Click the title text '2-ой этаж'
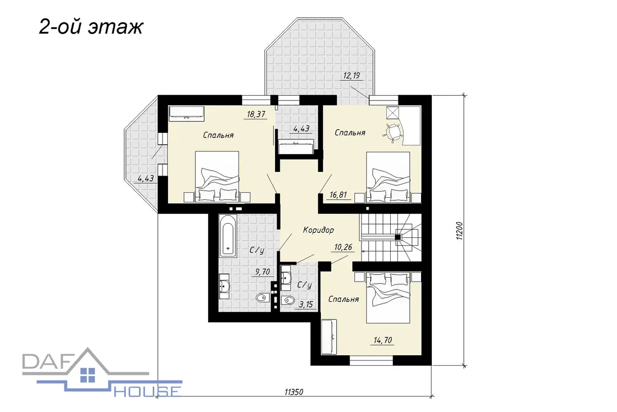(91, 28)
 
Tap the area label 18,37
(256, 114)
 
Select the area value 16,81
(338, 195)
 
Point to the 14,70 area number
(383, 340)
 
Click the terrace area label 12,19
(352, 75)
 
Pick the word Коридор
(318, 230)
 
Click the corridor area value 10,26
(343, 247)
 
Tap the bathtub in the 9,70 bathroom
(228, 236)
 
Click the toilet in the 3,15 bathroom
(288, 300)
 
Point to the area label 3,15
(306, 304)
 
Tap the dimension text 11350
(294, 392)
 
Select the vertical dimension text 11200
(459, 230)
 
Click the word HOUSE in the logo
(148, 391)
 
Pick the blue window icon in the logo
(87, 375)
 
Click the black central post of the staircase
(398, 237)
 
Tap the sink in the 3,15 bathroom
(286, 278)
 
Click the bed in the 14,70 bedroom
(388, 298)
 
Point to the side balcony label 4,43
(146, 179)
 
